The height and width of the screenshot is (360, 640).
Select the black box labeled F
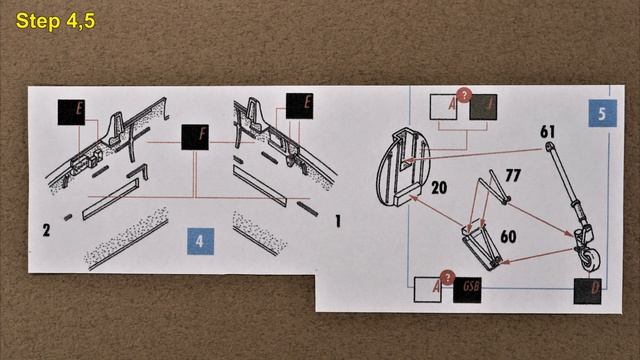pos(195,139)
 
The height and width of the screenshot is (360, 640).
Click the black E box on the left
pos(71,111)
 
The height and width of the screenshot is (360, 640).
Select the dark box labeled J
pos(485,107)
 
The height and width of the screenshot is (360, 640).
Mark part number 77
pos(513,176)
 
